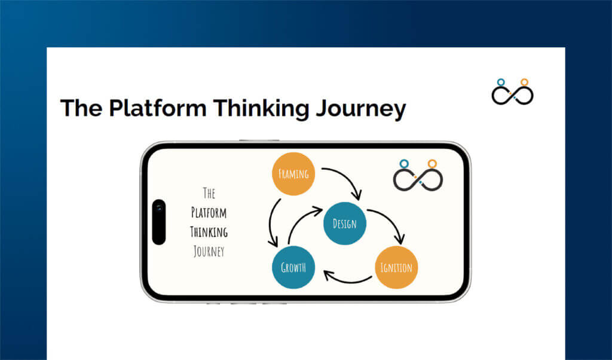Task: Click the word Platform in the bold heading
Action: [157, 108]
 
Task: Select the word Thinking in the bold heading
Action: [261, 108]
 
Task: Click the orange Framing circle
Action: [293, 174]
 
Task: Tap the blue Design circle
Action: [344, 224]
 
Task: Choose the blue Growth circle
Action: [293, 267]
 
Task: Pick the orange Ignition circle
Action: [396, 267]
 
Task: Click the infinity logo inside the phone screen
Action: [417, 177]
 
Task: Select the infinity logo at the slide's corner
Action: [512, 93]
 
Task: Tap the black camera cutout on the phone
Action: [159, 222]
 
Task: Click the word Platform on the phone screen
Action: [209, 212]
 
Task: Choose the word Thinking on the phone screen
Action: [209, 232]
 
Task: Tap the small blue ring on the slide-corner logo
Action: [501, 82]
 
